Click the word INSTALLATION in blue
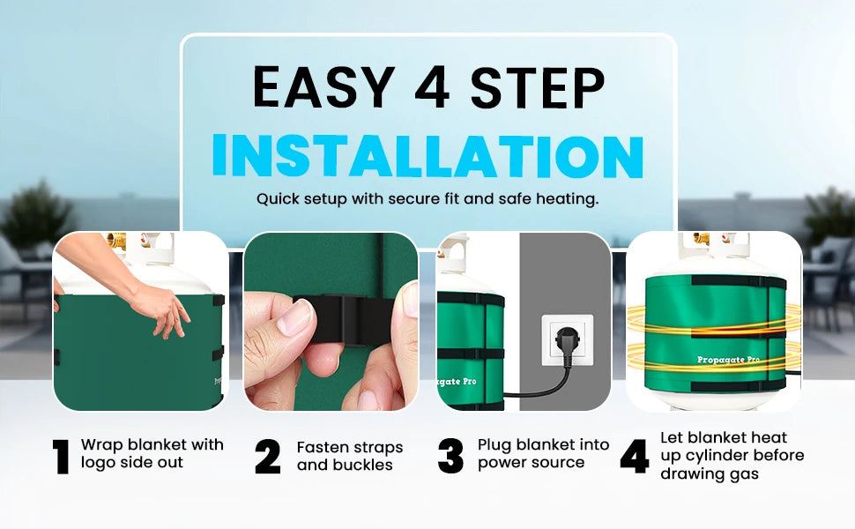[x=428, y=156]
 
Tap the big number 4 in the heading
[x=432, y=87]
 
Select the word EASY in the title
[x=323, y=87]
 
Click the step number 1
[x=62, y=457]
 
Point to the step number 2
[x=268, y=457]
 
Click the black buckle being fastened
[x=343, y=319]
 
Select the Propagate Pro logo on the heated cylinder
[x=728, y=360]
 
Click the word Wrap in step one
[x=101, y=445]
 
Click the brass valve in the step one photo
[x=116, y=240]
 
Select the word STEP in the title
[x=538, y=87]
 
